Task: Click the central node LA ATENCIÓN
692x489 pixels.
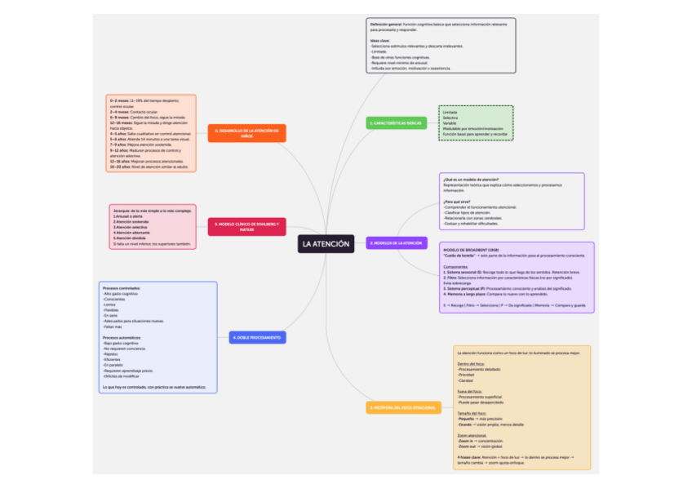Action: coord(326,243)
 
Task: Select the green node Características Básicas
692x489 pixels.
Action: coord(397,123)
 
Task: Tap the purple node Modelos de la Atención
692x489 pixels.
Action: coord(397,243)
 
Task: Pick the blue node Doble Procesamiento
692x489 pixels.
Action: coord(257,337)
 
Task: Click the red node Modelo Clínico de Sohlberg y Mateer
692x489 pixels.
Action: coord(246,226)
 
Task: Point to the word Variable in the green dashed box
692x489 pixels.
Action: coord(450,122)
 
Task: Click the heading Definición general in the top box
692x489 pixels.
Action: coord(388,25)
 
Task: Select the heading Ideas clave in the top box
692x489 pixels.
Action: coord(379,40)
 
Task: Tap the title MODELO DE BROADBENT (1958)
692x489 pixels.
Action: coord(464,250)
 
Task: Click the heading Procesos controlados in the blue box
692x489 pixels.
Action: coord(122,288)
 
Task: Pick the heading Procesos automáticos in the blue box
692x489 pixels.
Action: coord(122,337)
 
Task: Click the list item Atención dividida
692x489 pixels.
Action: coord(130,238)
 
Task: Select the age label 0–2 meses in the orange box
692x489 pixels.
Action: coord(119,100)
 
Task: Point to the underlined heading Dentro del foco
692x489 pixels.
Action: coord(471,363)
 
